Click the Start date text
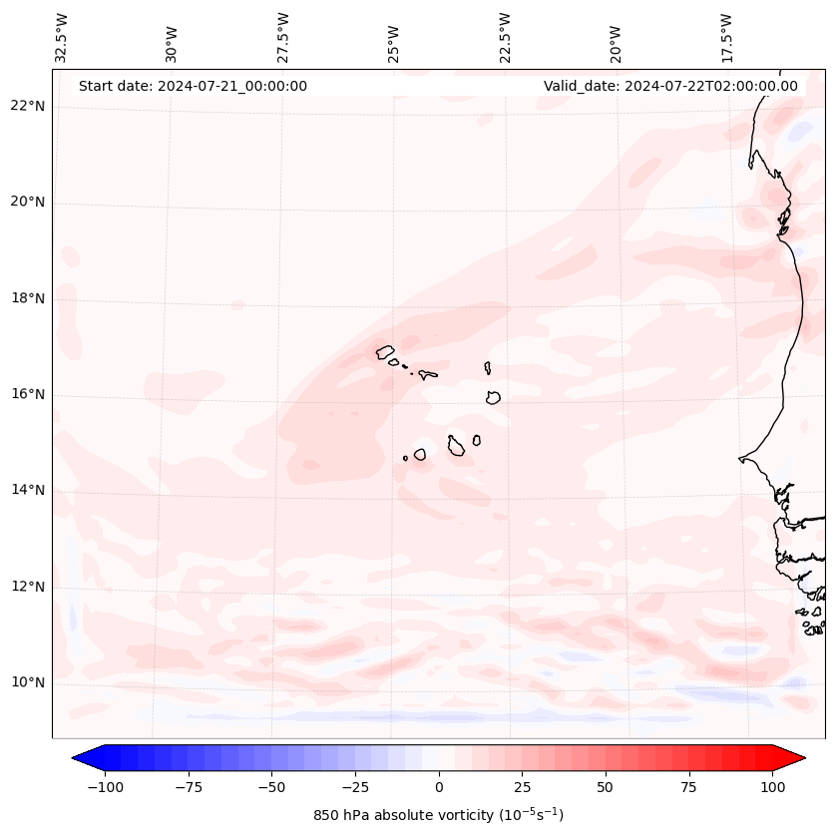pyautogui.click(x=193, y=86)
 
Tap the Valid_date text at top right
pyautogui.click(x=670, y=86)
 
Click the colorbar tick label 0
pyautogui.click(x=439, y=787)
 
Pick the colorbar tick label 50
pyautogui.click(x=606, y=787)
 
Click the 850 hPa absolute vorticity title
pyautogui.click(x=438, y=815)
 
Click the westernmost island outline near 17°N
pyautogui.click(x=385, y=351)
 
